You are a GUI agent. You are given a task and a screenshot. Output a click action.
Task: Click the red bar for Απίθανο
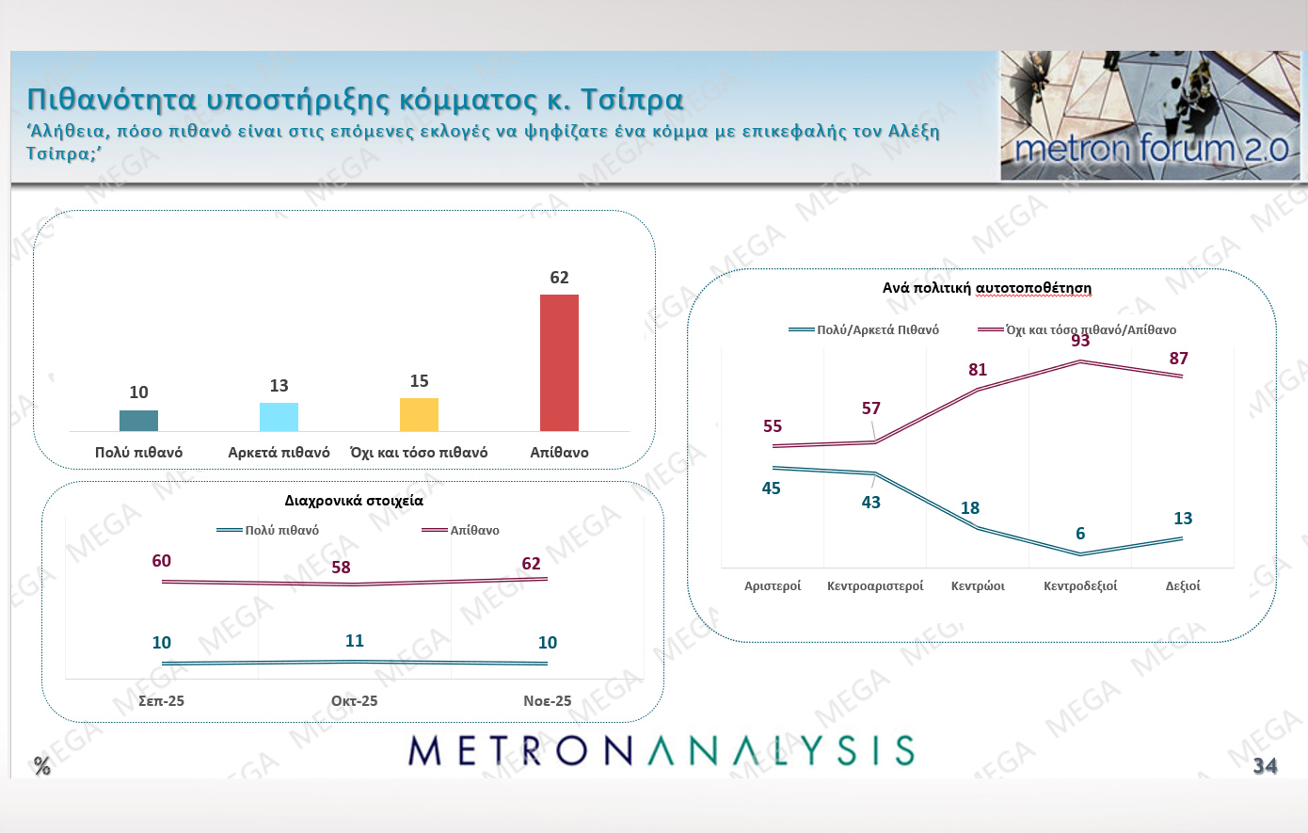coord(559,362)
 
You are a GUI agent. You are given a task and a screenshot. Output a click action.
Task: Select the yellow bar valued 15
coord(419,414)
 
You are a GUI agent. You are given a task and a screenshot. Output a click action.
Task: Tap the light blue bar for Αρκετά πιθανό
coord(279,417)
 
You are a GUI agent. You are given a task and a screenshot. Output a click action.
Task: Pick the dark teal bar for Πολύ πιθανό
coord(138,421)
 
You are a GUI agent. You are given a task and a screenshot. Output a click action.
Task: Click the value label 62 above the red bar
coord(559,278)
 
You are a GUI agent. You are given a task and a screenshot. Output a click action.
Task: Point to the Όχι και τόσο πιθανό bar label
coord(419,453)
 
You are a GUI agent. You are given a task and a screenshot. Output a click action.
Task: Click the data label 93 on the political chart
coord(1080,341)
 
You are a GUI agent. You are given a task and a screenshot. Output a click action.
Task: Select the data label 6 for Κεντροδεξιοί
coord(1080,534)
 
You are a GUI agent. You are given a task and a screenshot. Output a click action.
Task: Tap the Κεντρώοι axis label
coord(978,586)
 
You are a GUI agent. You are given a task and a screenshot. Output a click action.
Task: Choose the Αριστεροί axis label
coord(773,586)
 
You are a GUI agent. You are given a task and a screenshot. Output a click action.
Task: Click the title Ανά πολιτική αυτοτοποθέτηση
coord(986,288)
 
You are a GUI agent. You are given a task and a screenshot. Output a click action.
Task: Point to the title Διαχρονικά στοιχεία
coord(354,501)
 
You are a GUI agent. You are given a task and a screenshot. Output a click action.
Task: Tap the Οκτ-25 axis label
coord(354,701)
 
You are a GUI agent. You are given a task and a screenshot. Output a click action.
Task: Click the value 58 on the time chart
coord(341,568)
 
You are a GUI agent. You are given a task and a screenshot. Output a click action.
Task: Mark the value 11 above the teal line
coord(354,641)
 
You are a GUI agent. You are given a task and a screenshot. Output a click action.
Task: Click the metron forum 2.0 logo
coord(1150,116)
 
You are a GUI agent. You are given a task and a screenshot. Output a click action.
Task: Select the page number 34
coord(1265,766)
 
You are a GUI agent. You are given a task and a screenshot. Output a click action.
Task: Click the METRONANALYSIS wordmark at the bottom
coord(662,750)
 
